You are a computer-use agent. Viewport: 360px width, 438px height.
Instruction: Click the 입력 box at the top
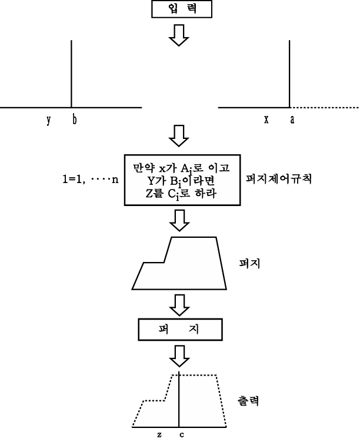[182, 9]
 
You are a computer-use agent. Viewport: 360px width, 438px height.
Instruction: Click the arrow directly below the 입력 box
[179, 35]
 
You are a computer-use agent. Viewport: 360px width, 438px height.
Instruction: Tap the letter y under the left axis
[49, 120]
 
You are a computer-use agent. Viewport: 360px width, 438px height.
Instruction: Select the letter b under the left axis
[74, 120]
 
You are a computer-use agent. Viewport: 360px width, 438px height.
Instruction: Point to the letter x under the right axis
[266, 120]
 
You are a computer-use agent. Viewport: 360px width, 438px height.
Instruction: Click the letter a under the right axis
[292, 120]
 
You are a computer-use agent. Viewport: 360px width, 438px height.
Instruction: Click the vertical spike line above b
[71, 74]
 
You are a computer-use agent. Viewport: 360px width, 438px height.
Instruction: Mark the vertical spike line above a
[289, 74]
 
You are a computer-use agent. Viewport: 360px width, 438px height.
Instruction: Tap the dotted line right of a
[324, 107]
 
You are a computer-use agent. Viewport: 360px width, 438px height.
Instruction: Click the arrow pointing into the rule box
[179, 136]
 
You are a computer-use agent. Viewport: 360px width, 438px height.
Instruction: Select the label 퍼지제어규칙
[279, 178]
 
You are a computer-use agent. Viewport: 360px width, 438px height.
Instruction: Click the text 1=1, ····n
[91, 180]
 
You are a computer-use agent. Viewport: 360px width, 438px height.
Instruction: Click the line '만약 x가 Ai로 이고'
[181, 168]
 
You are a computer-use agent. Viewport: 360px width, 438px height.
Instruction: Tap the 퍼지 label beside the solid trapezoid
[249, 263]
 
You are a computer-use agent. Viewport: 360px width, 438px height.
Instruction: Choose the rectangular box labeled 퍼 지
[180, 330]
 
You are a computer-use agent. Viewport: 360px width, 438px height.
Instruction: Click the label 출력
[248, 401]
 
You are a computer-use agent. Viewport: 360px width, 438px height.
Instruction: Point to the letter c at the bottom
[182, 434]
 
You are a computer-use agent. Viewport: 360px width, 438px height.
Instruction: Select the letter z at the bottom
[159, 434]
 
